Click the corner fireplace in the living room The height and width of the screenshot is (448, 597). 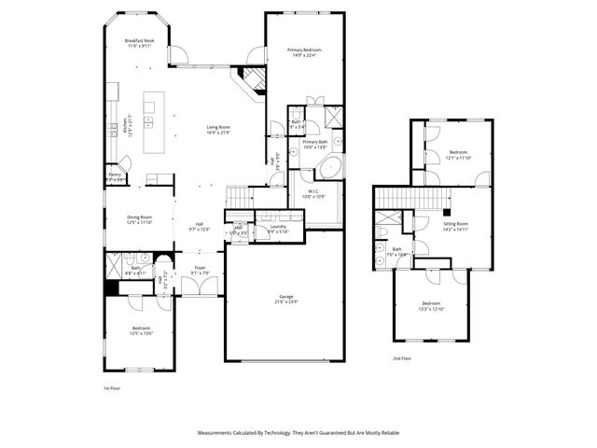tap(251, 78)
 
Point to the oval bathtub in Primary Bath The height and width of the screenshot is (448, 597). tap(328, 169)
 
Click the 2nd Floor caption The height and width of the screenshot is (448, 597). tap(403, 357)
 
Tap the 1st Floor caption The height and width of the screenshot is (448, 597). tap(112, 386)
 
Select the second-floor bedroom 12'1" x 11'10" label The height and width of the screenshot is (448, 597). tap(459, 154)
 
